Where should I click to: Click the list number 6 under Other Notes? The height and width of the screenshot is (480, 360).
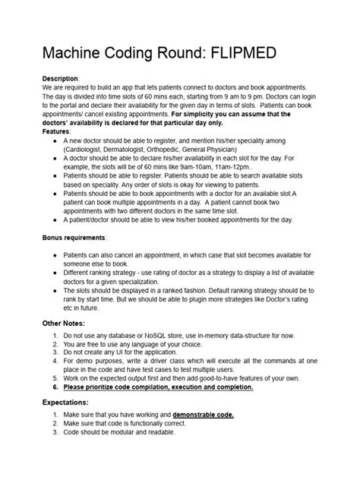(55, 386)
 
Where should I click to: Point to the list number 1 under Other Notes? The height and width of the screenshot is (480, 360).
(55, 336)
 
